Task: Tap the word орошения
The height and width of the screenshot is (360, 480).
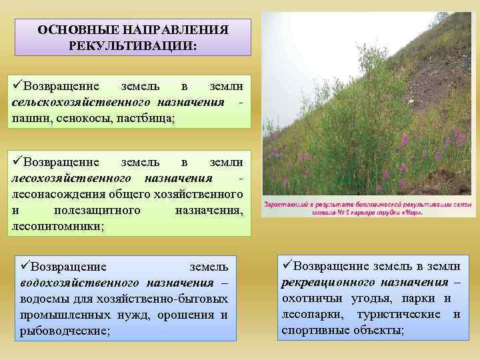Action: (x=194, y=315)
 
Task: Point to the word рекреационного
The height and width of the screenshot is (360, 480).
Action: (x=327, y=282)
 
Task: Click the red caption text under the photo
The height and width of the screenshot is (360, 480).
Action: (x=367, y=207)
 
